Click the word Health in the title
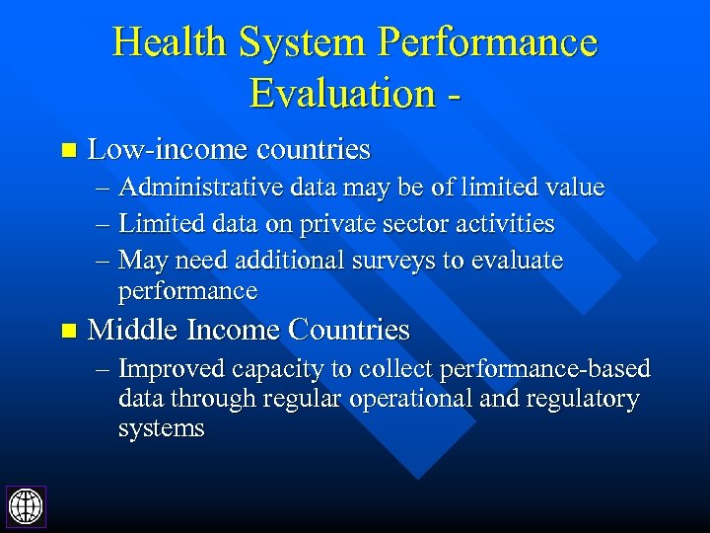coord(170,43)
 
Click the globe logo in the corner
coord(26,505)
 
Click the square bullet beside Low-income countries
coord(67,151)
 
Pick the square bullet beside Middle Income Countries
coord(67,331)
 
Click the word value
coord(575,188)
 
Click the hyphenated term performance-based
coord(545,369)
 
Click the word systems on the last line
coord(161,428)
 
